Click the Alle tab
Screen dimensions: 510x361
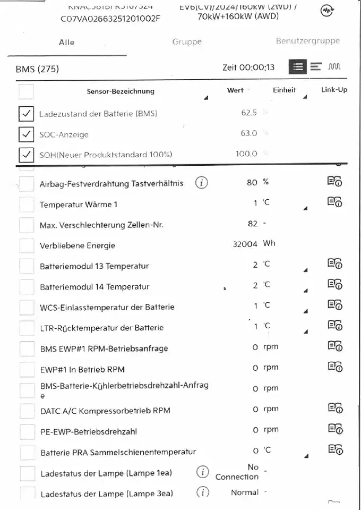point(66,42)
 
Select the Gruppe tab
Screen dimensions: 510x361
point(187,42)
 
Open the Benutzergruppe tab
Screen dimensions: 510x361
point(307,41)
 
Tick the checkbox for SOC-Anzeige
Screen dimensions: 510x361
point(26,134)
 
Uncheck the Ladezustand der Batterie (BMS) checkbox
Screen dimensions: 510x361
point(26,113)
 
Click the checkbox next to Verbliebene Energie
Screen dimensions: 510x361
point(27,245)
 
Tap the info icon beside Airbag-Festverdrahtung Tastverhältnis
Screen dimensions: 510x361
point(202,183)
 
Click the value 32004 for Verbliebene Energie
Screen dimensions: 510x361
point(245,244)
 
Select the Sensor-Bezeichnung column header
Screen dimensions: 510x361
point(121,91)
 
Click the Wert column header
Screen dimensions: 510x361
point(235,90)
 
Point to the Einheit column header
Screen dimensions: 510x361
point(285,90)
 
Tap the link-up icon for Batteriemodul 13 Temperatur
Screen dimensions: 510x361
point(334,264)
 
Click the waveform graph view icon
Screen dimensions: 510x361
point(334,66)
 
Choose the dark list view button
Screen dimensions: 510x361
point(298,66)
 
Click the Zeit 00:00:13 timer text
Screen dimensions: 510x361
point(248,67)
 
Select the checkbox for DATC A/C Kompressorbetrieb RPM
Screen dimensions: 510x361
point(27,411)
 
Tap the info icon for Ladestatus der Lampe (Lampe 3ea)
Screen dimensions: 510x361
point(202,492)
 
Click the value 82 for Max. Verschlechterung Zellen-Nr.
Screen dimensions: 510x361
point(252,224)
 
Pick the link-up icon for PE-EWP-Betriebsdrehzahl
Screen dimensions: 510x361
point(334,428)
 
